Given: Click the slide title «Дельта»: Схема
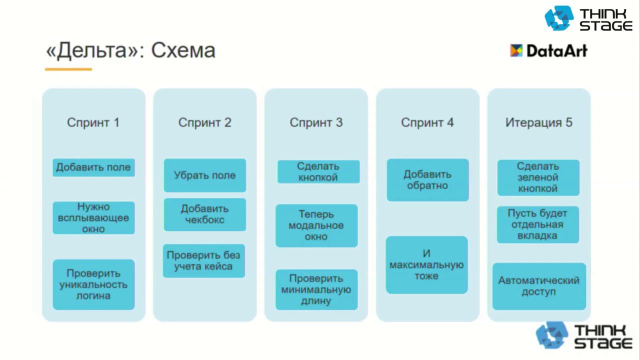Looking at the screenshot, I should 130,51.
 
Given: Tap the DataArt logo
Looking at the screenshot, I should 548,50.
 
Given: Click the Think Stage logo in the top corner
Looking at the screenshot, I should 588,19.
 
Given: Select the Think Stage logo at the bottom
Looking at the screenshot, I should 583,336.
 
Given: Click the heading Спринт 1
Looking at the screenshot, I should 93,122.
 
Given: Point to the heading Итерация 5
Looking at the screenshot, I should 538,122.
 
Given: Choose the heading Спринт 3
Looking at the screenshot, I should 316,122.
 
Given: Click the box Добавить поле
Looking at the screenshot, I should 93,167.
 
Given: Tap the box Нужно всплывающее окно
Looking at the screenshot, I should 93,218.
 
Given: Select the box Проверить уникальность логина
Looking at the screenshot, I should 93,284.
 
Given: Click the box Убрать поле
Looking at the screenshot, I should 204,175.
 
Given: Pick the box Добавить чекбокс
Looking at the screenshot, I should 204,214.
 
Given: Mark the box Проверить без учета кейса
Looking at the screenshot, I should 203,260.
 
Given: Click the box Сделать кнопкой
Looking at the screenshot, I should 318,171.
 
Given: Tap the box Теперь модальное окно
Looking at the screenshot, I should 316,225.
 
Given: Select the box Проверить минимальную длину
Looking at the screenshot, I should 316,289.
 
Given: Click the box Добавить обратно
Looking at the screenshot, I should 427,180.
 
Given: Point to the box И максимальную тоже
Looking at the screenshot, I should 426,264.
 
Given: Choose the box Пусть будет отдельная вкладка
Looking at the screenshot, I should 538,224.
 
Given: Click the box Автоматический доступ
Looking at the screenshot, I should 539,286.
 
